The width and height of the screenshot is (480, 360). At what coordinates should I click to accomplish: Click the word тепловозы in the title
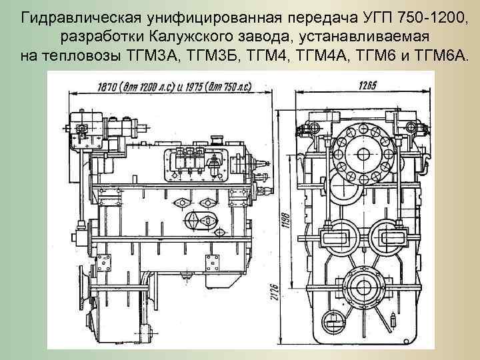point(85,53)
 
